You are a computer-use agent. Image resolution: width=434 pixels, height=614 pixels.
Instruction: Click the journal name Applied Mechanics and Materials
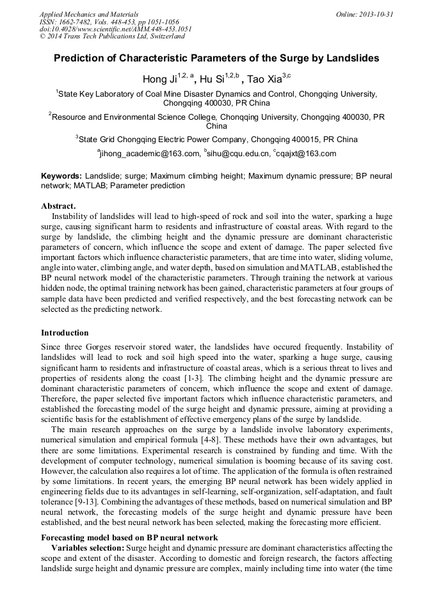88,14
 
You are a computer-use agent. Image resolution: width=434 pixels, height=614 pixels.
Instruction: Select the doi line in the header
115,29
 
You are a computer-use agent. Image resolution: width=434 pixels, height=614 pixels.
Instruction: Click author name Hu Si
211,79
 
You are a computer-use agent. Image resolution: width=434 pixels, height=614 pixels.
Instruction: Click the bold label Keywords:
61,175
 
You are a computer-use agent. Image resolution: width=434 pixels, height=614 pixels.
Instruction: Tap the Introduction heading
65,333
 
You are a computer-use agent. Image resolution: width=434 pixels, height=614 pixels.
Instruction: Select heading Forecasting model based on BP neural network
129,537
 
